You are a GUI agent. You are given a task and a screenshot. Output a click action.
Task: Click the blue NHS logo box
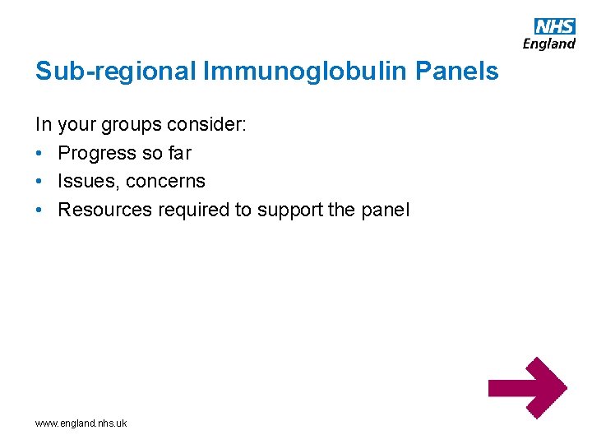[x=555, y=25]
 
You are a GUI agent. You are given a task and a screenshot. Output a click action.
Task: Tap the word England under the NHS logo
[x=548, y=44]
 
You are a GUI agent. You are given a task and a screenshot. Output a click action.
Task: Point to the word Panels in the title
[x=457, y=72]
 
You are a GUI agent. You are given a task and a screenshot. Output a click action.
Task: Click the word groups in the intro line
[x=131, y=125]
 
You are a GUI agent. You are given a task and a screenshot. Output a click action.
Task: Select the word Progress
[x=97, y=153]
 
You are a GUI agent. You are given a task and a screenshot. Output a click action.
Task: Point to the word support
[x=290, y=210]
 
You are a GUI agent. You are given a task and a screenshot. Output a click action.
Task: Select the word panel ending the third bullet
[x=384, y=210]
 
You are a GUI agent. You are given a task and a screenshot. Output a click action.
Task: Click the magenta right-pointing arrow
[x=527, y=387]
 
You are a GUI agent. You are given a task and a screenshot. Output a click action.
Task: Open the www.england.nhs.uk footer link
[x=81, y=423]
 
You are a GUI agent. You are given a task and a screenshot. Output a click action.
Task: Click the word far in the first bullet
[x=179, y=153]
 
